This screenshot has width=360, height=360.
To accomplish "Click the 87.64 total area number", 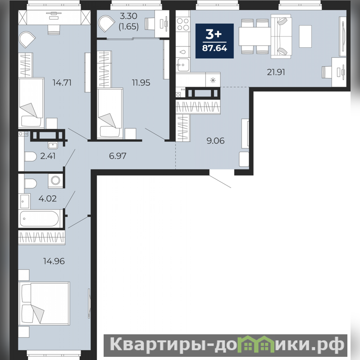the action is [x=214, y=48].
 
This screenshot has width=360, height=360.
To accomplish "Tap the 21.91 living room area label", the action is [x=276, y=72].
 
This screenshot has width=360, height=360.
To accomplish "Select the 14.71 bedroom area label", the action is [x=62, y=82].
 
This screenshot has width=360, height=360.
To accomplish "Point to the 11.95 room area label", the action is [x=141, y=82].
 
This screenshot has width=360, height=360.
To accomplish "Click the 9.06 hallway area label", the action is [x=215, y=141].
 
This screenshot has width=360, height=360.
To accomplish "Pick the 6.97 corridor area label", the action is [x=118, y=156].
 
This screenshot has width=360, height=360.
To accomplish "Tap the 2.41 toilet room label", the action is [x=48, y=156].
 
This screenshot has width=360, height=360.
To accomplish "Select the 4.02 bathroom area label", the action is [x=47, y=198].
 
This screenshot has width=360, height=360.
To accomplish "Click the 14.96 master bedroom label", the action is [x=54, y=261].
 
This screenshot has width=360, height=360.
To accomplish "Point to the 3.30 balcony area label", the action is [x=128, y=16].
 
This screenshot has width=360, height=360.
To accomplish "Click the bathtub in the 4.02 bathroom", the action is [x=39, y=219].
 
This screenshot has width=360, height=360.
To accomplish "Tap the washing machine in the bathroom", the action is [x=55, y=181].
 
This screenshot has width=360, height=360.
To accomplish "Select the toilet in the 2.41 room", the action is [x=31, y=157].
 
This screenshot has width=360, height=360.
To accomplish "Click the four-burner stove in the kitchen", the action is [x=183, y=24].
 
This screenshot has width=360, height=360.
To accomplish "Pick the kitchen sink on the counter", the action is [x=183, y=65].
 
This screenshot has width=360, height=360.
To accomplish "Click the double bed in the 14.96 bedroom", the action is [x=44, y=304].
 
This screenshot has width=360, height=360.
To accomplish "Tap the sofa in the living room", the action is [x=281, y=36].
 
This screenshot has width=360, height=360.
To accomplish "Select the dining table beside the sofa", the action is [x=255, y=36].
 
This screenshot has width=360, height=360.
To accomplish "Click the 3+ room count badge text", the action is [x=214, y=34].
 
